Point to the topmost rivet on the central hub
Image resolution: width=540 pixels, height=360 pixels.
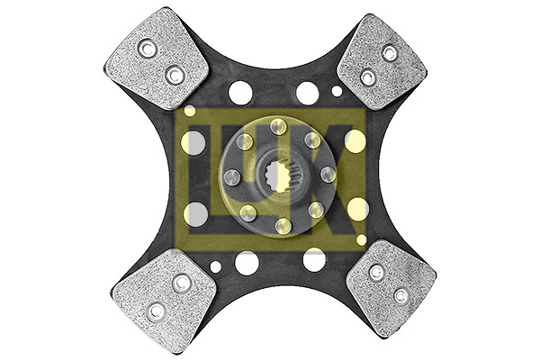(x=276, y=126)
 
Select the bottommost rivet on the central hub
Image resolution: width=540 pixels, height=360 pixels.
(x=282, y=225)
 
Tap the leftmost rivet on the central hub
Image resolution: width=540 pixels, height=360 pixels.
(x=231, y=176)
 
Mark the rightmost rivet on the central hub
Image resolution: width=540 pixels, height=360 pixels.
(x=327, y=174)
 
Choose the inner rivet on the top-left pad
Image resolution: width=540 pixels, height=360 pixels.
(x=174, y=76)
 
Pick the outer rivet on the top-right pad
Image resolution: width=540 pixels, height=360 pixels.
(x=389, y=53)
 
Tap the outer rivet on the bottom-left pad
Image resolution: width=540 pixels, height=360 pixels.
(x=156, y=311)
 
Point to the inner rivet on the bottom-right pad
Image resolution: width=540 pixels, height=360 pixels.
(x=376, y=271)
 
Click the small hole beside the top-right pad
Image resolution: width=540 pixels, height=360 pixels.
(x=337, y=91)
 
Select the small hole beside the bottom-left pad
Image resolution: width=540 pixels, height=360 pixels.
(x=216, y=267)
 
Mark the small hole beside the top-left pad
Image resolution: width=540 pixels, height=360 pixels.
(x=190, y=111)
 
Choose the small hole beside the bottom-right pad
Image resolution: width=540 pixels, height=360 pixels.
(x=362, y=240)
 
